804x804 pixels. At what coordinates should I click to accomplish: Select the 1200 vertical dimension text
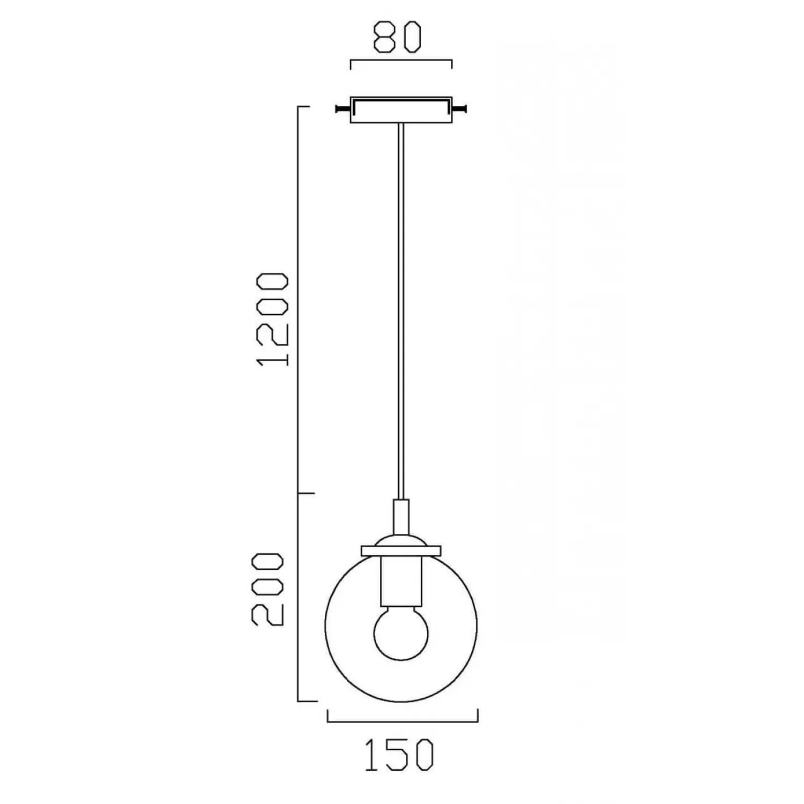(274, 319)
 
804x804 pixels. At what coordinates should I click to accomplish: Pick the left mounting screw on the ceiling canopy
(344, 109)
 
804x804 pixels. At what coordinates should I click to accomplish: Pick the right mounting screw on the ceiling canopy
(458, 109)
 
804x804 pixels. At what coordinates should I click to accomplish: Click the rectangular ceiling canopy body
(401, 110)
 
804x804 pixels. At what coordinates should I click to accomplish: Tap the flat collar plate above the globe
(401, 550)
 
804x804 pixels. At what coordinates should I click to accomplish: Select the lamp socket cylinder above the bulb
(401, 581)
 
